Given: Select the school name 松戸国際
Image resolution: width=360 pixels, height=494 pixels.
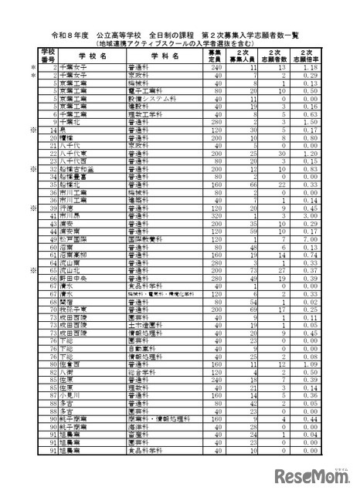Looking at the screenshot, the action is coord(66,241).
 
